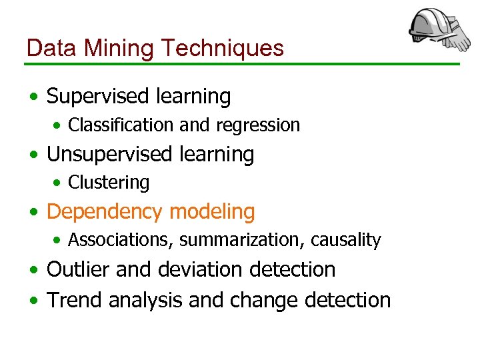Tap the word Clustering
[x=109, y=182]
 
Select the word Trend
[x=74, y=300]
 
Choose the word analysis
[x=145, y=300]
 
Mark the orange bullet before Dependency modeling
[x=33, y=213]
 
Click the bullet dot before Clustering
[x=59, y=183]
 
